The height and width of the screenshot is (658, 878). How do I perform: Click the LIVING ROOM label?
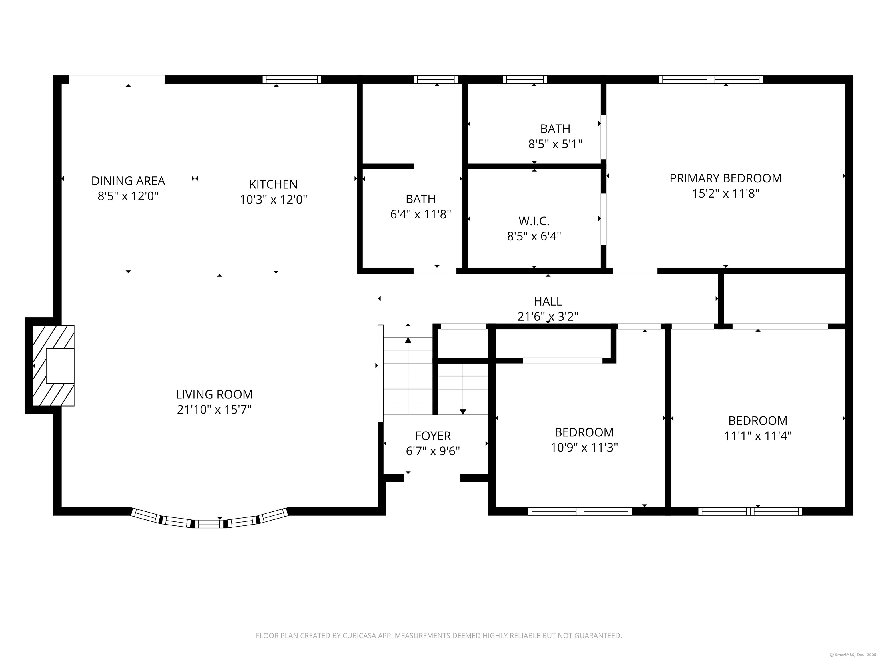214,394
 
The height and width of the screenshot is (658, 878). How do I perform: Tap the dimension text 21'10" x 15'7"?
214,409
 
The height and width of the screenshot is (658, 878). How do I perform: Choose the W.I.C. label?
534,221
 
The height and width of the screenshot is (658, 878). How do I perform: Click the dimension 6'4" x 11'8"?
420,214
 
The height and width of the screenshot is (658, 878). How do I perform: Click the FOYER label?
433,436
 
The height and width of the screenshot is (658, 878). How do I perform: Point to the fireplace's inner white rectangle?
60,366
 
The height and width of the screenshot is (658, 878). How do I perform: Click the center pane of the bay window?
209,524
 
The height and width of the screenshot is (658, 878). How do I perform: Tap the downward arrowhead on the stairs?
462,412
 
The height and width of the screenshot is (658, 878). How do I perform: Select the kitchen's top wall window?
292,79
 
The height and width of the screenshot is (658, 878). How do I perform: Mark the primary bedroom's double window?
711,79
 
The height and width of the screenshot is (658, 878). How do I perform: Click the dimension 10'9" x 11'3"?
584,448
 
